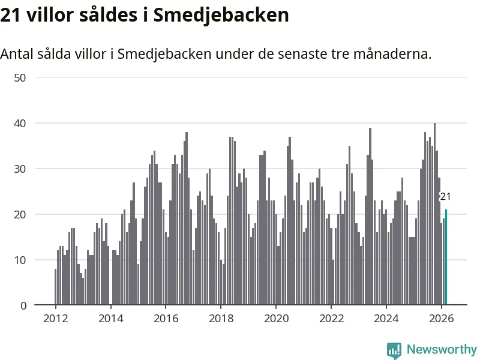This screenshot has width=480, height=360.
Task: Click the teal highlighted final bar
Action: click(x=446, y=258)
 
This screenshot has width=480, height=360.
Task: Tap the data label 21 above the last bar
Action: click(x=445, y=197)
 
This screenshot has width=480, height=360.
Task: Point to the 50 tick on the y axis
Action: click(x=20, y=77)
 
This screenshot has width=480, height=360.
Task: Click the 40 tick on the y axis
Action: click(x=20, y=123)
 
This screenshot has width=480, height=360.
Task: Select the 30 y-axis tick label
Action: click(x=20, y=169)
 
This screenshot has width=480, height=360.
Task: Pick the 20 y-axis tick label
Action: click(x=20, y=214)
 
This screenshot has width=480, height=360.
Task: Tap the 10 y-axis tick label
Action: click(x=20, y=260)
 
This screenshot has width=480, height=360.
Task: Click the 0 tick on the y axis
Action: click(x=23, y=305)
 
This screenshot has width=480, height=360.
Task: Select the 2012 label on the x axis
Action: click(x=55, y=319)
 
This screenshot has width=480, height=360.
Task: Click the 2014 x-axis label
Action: click(x=110, y=319)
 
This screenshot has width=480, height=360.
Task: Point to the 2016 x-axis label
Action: click(x=166, y=319)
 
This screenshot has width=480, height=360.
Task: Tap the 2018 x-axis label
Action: click(x=221, y=319)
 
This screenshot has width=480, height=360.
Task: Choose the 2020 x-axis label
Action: click(x=276, y=319)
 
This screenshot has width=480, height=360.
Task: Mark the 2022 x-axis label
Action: click(x=331, y=319)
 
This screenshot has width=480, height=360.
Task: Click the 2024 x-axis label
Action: click(x=386, y=319)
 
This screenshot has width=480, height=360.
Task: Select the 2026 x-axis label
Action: click(x=442, y=319)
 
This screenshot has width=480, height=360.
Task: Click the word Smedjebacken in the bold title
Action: click(x=221, y=15)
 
